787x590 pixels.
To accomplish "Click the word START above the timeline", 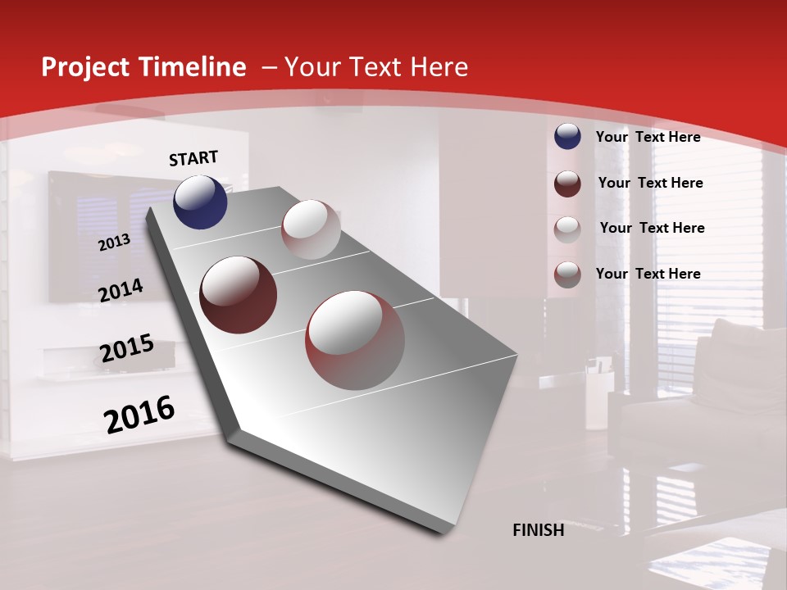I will [193, 158].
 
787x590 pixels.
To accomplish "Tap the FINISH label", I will [539, 530].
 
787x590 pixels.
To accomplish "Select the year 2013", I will [114, 243].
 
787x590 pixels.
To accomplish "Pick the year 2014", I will [121, 290].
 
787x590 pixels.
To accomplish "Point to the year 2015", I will [127, 349].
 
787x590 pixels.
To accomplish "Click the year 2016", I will [139, 415].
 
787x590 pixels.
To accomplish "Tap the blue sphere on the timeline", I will [200, 202].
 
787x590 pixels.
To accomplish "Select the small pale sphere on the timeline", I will [311, 229].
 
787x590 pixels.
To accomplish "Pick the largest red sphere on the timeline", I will [355, 340].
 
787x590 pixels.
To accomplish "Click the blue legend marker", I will [567, 136].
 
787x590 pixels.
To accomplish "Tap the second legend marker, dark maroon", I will [567, 183].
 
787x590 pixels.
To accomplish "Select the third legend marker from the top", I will [567, 229].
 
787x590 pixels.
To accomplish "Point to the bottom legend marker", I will [567, 274].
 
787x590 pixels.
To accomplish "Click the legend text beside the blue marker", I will [648, 137].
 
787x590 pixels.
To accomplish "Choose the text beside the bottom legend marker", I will [648, 274].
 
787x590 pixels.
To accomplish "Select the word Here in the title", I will [439, 67].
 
